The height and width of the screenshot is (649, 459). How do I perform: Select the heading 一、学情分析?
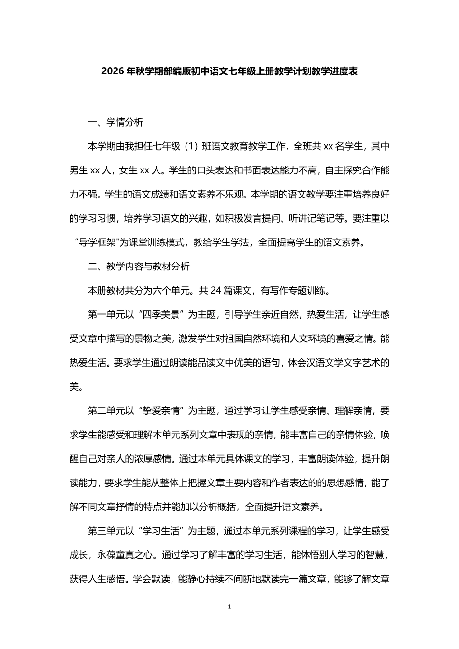click(115, 122)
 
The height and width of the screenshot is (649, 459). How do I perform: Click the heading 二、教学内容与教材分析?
click(139, 267)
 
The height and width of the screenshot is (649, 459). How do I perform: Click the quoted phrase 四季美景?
click(159, 315)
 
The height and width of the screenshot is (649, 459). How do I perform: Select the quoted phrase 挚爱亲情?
click(159, 411)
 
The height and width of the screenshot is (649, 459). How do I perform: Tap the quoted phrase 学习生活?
click(159, 531)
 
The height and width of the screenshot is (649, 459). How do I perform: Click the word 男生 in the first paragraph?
click(79, 170)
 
